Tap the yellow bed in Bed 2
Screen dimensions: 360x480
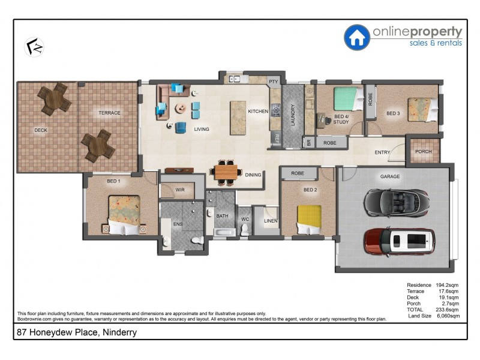(310, 219)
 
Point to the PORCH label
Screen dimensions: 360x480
(423, 151)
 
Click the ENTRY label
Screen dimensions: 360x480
(382, 152)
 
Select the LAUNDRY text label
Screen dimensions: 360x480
(293, 114)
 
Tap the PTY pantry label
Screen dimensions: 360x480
(274, 82)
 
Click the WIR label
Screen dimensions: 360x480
(180, 190)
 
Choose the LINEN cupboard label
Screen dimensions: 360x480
(269, 221)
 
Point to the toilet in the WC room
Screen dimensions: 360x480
(245, 231)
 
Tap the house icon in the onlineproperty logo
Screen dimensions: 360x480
(356, 37)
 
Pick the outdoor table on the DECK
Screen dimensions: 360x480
(55, 99)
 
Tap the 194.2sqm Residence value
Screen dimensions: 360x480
(447, 285)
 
